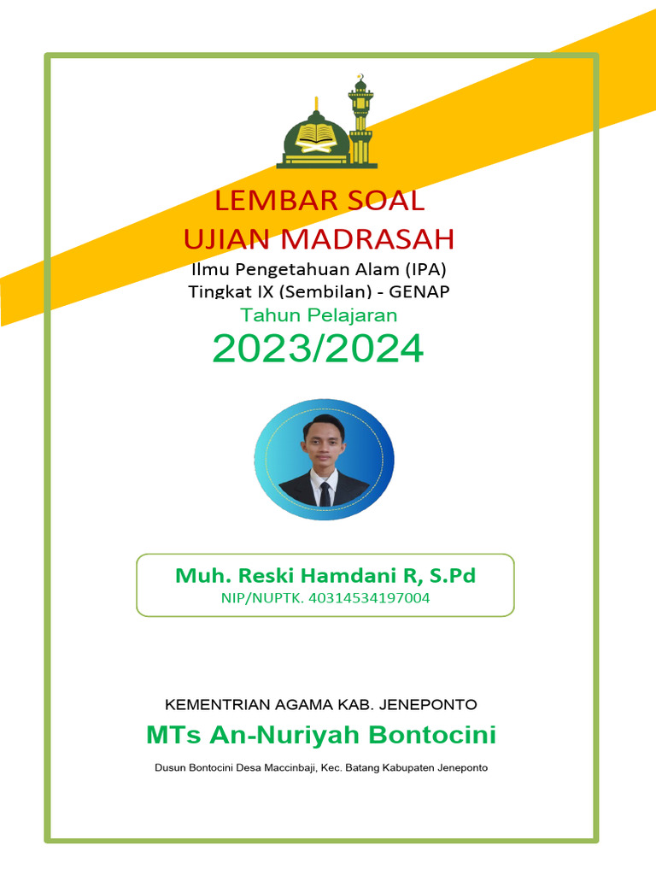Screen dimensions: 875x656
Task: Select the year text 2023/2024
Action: tap(318, 349)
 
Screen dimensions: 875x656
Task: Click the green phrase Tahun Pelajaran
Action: tap(319, 314)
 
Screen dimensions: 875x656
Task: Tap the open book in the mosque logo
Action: tap(315, 134)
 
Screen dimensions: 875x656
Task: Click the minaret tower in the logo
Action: tap(360, 120)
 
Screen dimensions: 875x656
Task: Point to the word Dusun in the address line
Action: tap(169, 767)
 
